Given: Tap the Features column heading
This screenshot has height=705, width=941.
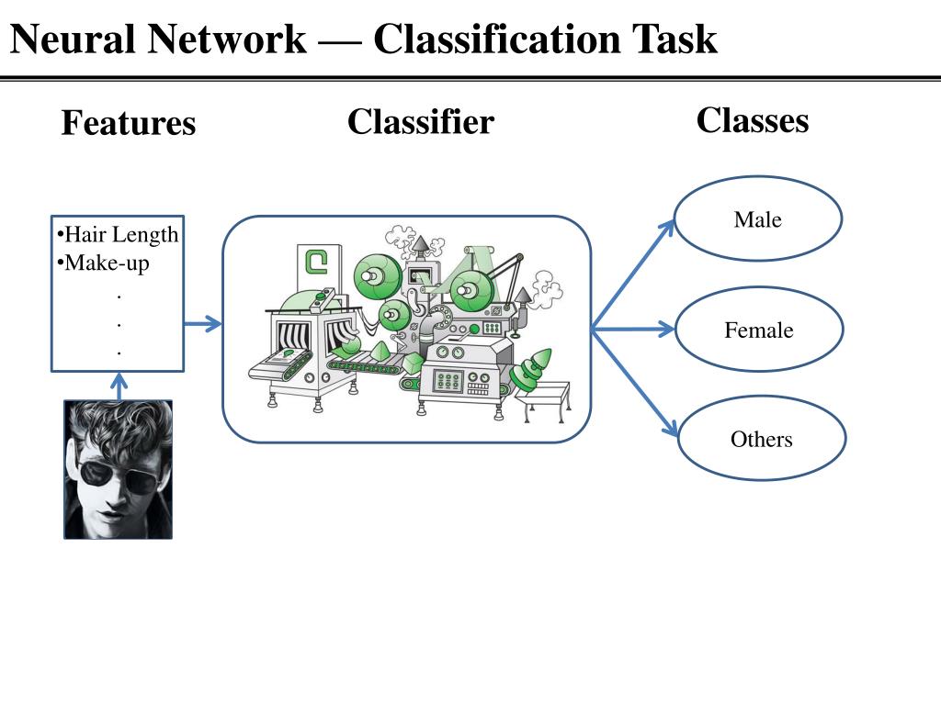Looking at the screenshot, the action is [129, 123].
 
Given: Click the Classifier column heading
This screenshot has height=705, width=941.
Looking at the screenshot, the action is [421, 122].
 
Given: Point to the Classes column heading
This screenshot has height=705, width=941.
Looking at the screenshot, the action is [753, 120].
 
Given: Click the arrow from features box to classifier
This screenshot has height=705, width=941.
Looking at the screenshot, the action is [203, 324].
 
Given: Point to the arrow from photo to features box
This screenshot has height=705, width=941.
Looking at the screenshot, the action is [119, 386].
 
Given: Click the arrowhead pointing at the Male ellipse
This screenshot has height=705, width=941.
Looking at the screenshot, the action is [667, 228].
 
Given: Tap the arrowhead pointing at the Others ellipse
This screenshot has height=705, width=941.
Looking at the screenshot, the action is [671, 428].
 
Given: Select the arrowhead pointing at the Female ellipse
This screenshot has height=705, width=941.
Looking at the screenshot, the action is [666, 329].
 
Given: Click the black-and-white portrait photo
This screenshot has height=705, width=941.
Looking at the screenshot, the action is [119, 469].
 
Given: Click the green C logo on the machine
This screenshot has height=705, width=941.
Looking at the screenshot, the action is [316, 262].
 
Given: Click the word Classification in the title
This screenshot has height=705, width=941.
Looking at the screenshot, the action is [496, 39].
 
